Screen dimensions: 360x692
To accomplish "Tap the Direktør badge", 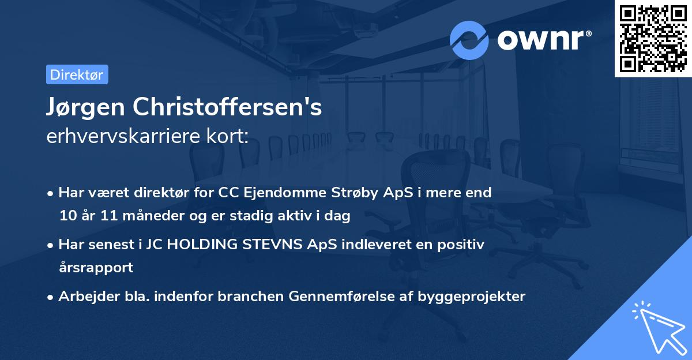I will pos(77,74).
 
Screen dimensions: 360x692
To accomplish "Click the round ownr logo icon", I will pos(469,40).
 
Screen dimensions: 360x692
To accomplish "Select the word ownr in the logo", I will pos(540,40).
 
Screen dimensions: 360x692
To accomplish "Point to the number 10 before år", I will pos(67,216).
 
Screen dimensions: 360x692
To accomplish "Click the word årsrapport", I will pos(96,267).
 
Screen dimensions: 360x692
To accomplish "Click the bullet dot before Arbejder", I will pos(51,297).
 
